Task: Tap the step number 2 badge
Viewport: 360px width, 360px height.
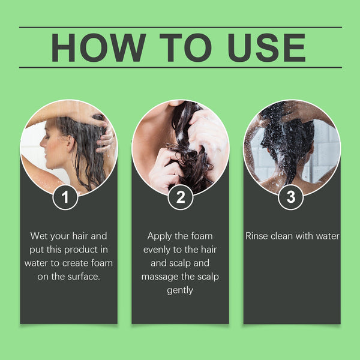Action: click(180, 197)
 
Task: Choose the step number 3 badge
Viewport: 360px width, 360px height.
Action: click(292, 197)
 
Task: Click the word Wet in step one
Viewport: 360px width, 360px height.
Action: click(40, 236)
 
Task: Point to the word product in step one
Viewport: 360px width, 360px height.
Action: click(92, 250)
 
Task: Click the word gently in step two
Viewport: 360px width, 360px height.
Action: click(180, 290)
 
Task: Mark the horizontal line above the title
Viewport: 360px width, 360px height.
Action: click(180, 27)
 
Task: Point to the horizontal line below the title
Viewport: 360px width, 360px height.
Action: click(180, 68)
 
